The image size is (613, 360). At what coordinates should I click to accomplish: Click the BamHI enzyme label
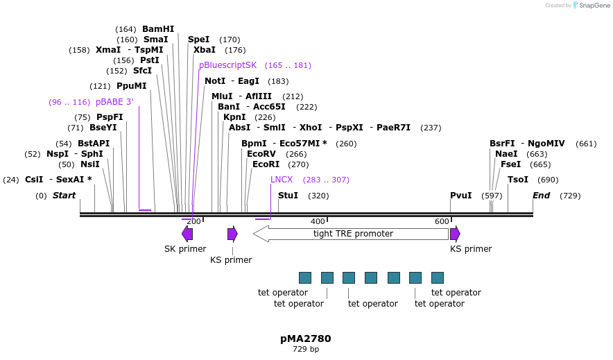(158, 29)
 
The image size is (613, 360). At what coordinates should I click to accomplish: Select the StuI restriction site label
(288, 196)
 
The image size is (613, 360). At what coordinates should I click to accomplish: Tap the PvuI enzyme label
(460, 196)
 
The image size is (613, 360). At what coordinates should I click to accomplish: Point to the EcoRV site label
(261, 154)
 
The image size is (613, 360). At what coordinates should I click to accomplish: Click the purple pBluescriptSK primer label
(227, 65)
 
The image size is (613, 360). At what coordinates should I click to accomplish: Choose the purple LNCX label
(282, 179)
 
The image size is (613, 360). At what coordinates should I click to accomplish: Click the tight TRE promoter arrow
(351, 234)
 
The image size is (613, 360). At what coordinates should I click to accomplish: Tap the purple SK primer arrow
(187, 234)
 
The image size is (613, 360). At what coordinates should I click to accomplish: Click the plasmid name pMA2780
(306, 339)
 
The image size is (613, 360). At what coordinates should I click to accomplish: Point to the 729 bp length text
(306, 350)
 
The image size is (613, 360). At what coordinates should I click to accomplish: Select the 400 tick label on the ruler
(318, 221)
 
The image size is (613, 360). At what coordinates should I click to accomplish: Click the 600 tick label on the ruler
(442, 221)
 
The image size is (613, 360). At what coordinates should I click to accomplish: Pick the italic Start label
(64, 196)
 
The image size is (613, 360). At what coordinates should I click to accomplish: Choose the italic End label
(541, 196)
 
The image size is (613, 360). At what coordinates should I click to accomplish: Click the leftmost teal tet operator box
(305, 277)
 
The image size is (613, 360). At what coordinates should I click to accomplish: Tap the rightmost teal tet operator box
(438, 277)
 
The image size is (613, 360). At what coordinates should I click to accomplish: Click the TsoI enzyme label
(518, 180)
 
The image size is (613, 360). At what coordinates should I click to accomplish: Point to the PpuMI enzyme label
(132, 86)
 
